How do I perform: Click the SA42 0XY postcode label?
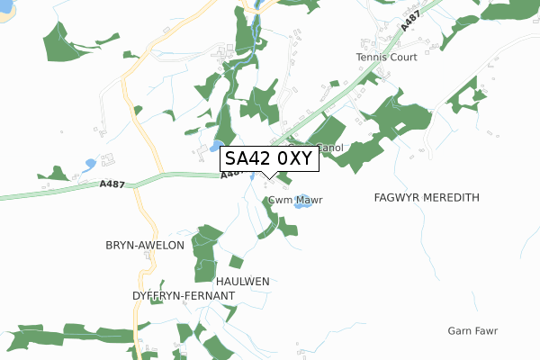(268, 159)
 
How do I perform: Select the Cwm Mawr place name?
(294, 200)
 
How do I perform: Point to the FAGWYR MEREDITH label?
(427, 197)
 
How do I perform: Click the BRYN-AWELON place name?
(145, 245)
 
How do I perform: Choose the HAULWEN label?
(241, 282)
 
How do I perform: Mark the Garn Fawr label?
(472, 331)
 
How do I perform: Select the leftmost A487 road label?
(112, 184)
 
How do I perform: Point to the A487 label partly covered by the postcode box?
(229, 175)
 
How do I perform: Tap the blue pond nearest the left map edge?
(89, 165)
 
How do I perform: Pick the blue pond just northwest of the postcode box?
(216, 145)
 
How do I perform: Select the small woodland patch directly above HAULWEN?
(236, 262)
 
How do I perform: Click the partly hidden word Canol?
(330, 148)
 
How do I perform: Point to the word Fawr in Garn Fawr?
(485, 331)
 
